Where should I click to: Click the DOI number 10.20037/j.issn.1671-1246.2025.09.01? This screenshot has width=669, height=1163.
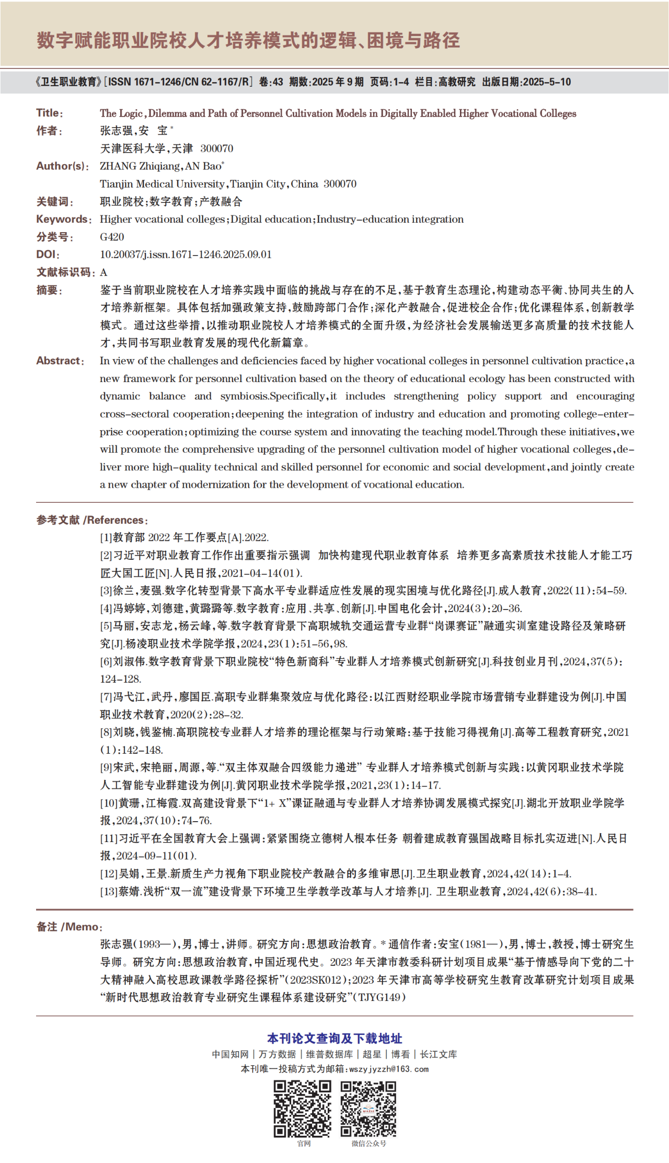[x=186, y=255]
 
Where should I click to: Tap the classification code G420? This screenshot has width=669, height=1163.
[x=112, y=237]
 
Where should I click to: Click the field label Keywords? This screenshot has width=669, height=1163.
[x=62, y=219]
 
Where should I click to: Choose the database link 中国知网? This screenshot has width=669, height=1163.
[x=230, y=1054]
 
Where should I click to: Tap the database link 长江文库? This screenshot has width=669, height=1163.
[x=439, y=1054]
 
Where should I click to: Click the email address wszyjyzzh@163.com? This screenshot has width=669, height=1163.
[x=389, y=1069]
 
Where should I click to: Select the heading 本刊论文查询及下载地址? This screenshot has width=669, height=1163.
[x=334, y=1038]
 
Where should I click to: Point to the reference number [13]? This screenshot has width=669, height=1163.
[x=109, y=891]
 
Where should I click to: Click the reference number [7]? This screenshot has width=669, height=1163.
[x=106, y=697]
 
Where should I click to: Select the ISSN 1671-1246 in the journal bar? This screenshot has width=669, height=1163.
[x=157, y=82]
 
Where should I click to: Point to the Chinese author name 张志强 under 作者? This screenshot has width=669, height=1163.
[x=117, y=131]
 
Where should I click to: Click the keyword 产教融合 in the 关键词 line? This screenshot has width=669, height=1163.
[x=221, y=202]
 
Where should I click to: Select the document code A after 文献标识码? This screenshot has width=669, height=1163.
[x=103, y=272]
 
